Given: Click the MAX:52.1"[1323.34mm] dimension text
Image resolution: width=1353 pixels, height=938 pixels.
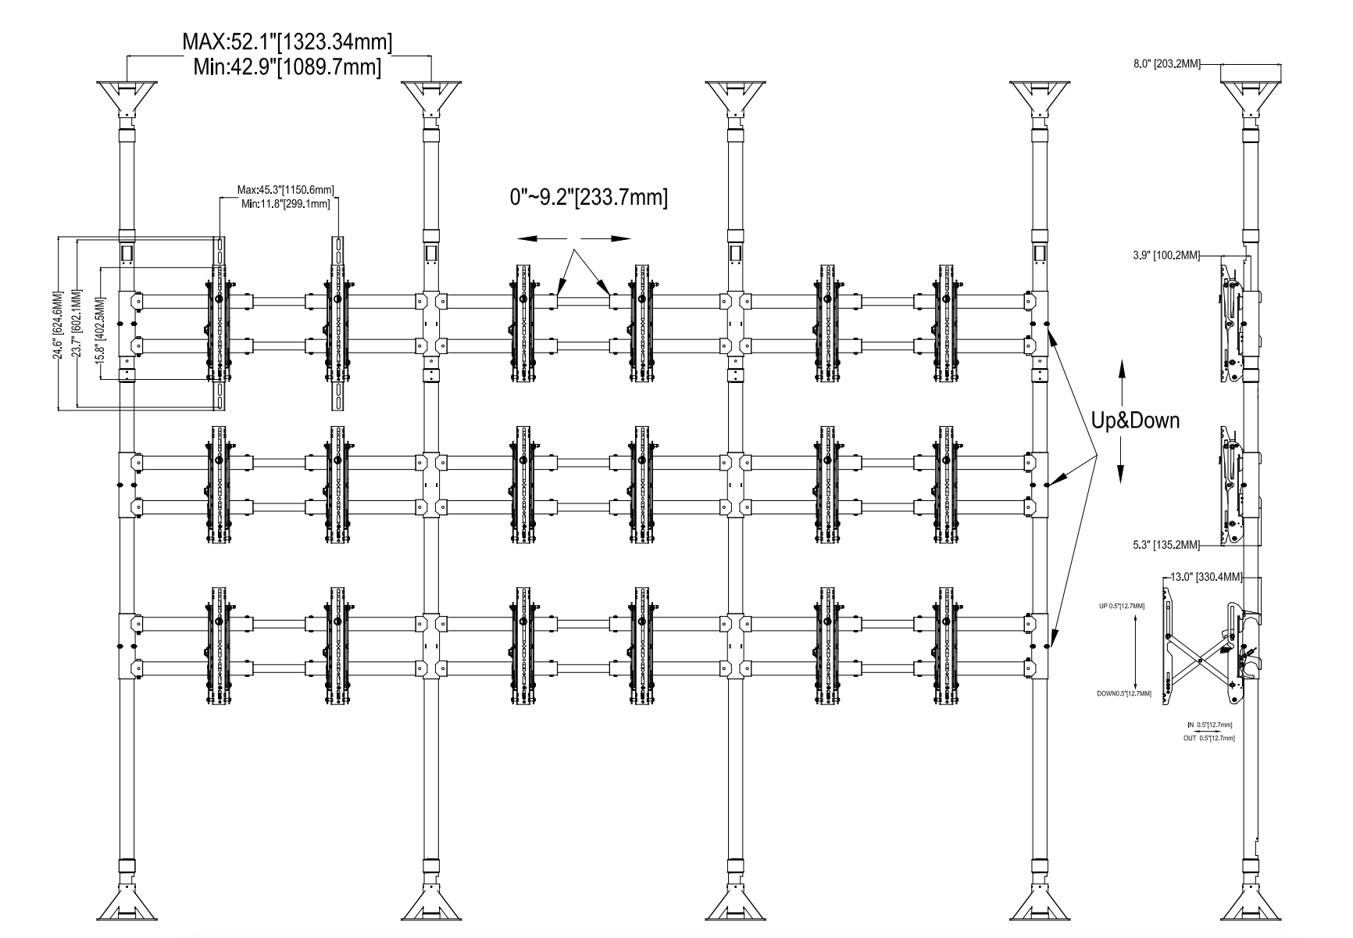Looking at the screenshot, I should pyautogui.click(x=287, y=41).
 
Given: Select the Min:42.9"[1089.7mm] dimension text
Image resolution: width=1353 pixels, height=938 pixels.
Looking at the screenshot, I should pyautogui.click(x=287, y=67).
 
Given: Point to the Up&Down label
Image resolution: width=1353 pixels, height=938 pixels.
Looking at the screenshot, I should pyautogui.click(x=1135, y=421).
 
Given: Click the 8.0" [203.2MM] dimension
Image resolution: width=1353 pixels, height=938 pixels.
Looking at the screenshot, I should pyautogui.click(x=1166, y=64).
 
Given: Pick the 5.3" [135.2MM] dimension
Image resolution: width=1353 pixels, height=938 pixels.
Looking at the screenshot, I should pyautogui.click(x=1163, y=544).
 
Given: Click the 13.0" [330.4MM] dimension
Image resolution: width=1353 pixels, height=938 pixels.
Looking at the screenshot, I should pyautogui.click(x=1207, y=578).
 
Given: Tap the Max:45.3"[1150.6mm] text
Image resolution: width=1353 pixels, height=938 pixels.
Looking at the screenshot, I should pyautogui.click(x=286, y=189).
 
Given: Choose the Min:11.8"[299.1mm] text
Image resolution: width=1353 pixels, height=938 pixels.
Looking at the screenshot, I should pyautogui.click(x=286, y=203).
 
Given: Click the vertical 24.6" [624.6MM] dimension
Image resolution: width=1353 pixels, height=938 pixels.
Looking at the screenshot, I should pyautogui.click(x=57, y=325).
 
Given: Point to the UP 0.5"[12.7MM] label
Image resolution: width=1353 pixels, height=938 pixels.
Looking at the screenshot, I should pyautogui.click(x=1122, y=606).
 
